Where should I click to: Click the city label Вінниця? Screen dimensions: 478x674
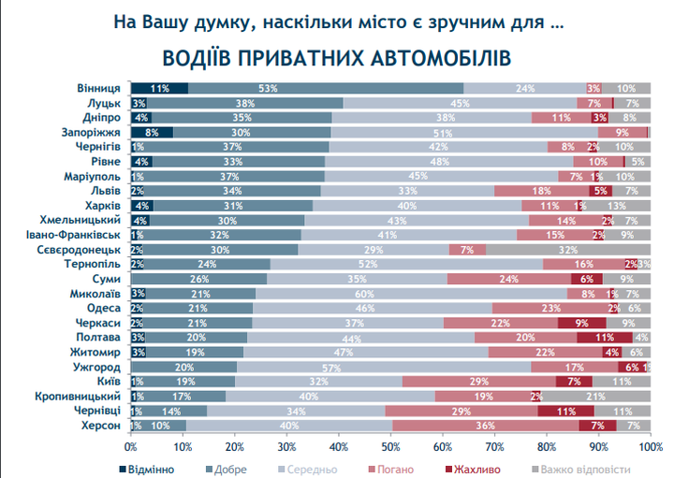97,88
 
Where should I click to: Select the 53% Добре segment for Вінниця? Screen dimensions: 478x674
270,88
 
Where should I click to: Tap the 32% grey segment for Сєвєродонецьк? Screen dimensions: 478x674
567,250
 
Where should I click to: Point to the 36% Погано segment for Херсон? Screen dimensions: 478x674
485,426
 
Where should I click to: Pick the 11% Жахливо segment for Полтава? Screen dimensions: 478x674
604,337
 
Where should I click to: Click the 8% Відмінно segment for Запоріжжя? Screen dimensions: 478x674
152,133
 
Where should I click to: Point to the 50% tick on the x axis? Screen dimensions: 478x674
390,446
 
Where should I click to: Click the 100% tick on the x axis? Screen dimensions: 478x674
650,446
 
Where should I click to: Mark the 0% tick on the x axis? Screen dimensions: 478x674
130,446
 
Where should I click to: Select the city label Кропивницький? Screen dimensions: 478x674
81,397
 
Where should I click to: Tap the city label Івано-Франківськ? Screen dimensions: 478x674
78,235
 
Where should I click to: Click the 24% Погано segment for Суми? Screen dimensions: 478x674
508,279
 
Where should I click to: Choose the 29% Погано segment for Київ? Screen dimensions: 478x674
479,382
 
